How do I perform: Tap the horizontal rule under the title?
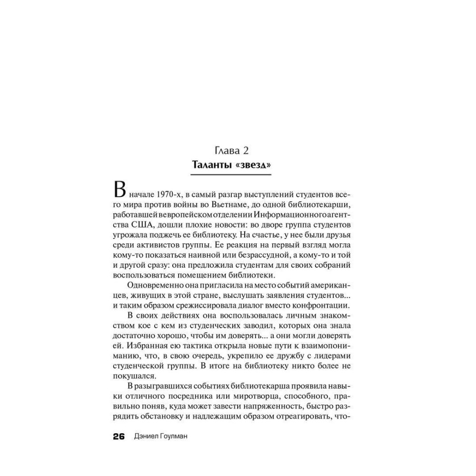click(231, 175)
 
